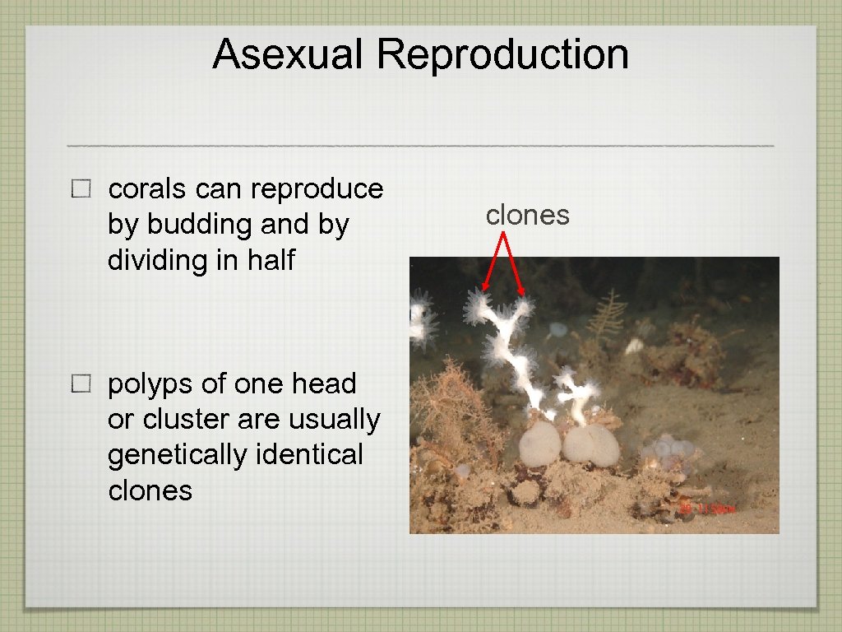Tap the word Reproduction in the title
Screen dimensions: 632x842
click(502, 54)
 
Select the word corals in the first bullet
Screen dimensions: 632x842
click(147, 189)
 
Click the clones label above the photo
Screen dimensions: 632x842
click(527, 215)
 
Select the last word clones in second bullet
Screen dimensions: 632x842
click(150, 490)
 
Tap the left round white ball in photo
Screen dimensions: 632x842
click(539, 444)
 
